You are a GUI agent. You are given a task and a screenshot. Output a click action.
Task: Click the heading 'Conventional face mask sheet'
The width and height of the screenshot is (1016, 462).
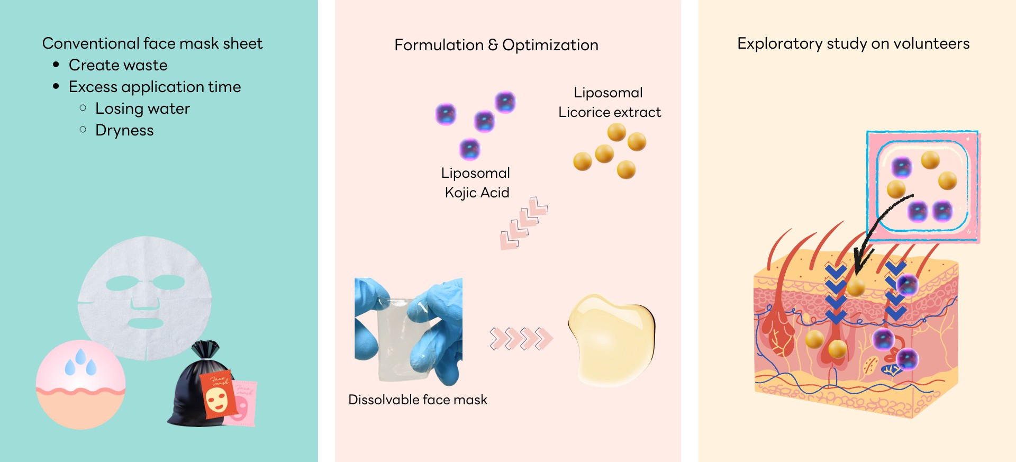point(152,43)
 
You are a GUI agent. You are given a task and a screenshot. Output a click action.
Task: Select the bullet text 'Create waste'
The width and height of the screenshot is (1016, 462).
point(118,65)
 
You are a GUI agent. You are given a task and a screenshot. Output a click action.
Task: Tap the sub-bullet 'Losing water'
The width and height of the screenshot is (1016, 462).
point(142,108)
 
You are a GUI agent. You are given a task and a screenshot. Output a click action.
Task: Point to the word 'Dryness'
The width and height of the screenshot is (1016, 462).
point(124,130)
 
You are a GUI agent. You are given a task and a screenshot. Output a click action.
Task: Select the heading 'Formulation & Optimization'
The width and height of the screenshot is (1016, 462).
point(496,45)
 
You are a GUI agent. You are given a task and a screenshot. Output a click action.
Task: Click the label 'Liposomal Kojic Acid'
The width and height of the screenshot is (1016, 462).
point(476,183)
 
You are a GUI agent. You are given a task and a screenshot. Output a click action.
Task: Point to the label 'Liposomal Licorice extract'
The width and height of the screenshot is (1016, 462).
point(610,102)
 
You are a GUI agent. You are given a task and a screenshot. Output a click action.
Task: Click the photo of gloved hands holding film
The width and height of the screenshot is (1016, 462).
point(408,330)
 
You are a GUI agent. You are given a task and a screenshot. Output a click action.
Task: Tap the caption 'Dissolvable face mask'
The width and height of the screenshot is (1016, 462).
point(418,400)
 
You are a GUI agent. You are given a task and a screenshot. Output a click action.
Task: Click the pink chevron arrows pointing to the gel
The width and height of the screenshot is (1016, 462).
point(521,339)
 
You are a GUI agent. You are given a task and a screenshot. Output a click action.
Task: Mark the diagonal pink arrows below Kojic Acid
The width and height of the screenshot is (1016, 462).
point(524,222)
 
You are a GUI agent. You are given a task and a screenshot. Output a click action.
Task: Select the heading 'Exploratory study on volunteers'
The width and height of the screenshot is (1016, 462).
point(853,43)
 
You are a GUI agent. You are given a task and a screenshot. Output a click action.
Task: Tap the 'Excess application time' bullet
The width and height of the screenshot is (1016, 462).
point(155,87)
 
